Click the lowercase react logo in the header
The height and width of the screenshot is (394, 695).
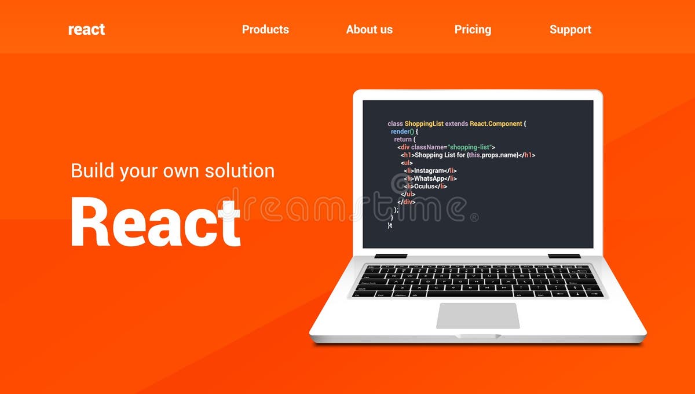click(86, 30)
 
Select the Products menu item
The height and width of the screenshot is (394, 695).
click(265, 30)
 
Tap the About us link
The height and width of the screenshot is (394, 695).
click(369, 30)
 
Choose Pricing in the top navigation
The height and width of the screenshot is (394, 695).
click(473, 30)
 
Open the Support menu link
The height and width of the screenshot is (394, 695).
click(570, 30)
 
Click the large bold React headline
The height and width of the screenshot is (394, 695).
click(155, 222)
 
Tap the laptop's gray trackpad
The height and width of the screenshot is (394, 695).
click(478, 316)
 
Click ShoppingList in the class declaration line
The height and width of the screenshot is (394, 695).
click(423, 124)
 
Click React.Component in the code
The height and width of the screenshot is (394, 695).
click(496, 124)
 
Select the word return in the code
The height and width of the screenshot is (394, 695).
click(403, 140)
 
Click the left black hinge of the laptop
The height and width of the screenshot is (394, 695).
click(391, 256)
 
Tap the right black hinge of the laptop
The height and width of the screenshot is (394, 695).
click(564, 256)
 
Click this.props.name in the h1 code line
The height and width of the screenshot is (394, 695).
click(492, 155)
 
